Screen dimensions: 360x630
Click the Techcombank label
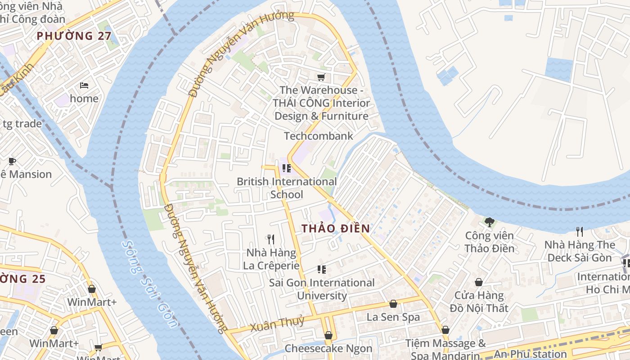point(318,135)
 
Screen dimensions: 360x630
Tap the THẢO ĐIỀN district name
point(336,228)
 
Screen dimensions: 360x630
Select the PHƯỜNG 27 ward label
point(74,36)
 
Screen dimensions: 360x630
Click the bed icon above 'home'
point(84,85)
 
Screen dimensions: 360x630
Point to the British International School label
point(287,188)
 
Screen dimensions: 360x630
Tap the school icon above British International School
point(286,168)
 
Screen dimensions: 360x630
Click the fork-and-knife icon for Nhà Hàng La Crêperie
point(270,239)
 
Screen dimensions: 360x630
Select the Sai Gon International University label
point(322,289)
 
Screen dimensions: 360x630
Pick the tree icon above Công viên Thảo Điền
point(489,222)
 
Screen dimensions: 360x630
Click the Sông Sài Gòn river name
point(150,283)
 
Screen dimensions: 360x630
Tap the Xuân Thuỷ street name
point(277,323)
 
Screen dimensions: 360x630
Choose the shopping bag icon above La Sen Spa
point(393,304)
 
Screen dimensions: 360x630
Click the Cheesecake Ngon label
point(328,348)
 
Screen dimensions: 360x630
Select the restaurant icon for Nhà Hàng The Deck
point(580,231)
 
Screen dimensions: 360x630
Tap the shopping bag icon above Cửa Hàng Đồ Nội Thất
point(479,282)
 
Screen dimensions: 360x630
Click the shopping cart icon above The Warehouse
point(321,77)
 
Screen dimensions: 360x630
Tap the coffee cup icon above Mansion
point(12,161)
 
